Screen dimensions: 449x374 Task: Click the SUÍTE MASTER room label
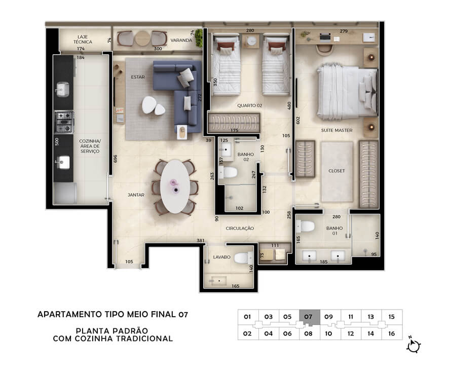pos(336,130)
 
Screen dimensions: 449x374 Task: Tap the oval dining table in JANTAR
pos(175,186)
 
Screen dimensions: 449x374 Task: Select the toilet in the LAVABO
pos(243,258)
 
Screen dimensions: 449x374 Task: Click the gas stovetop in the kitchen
pos(64,122)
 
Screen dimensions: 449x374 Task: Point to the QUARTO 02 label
pos(249,105)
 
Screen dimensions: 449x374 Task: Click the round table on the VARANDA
pos(142,38)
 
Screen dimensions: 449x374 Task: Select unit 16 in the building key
pos(392,333)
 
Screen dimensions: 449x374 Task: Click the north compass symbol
pos(413,345)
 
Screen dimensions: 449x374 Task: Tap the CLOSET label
pos(336,171)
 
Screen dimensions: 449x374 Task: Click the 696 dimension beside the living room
pos(116,159)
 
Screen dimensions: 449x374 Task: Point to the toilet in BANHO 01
pos(305,226)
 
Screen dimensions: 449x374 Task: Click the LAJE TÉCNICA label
pos(83,40)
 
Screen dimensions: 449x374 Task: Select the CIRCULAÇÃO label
pos(240,228)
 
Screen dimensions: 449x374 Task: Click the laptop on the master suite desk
pos(325,37)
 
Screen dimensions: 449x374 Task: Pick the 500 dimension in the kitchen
pos(57,141)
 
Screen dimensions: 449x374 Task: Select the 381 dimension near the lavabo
pos(201,241)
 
